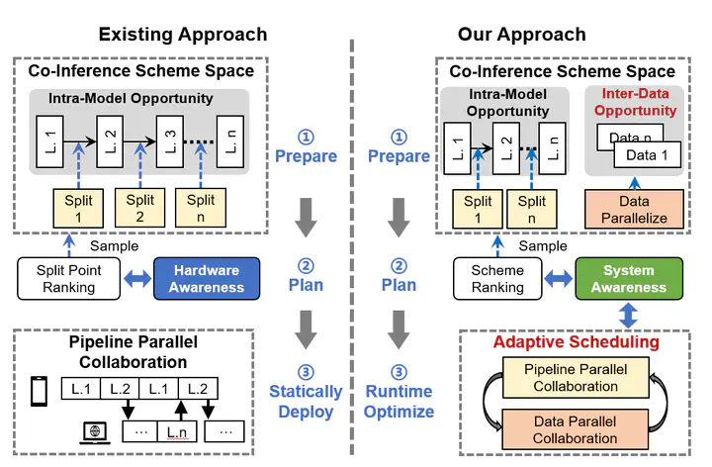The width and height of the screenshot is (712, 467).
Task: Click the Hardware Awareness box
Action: pos(208,279)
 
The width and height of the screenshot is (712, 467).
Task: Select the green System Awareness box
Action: pos(629,279)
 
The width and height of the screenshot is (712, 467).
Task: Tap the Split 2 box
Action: pos(140,208)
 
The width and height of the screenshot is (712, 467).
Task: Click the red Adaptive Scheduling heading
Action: pos(577,342)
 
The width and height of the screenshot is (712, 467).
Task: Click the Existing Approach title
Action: pos(182,35)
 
